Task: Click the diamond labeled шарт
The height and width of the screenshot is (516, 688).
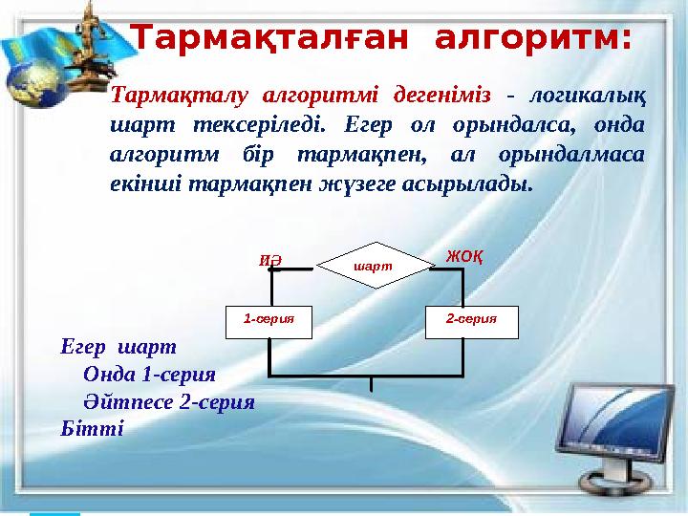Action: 374,265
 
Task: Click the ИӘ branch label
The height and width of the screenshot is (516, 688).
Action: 272,258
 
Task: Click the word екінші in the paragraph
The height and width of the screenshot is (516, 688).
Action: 143,183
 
